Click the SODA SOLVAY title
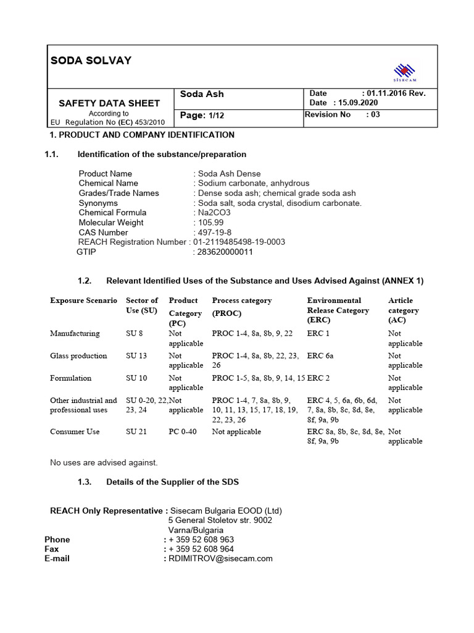[x=91, y=60]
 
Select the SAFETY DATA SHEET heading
[x=109, y=103]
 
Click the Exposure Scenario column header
[x=83, y=300]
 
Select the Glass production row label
[x=78, y=356]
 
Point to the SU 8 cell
[x=135, y=334]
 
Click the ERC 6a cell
[x=320, y=356]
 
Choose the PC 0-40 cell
[x=183, y=432]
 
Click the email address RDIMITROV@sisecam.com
[x=220, y=559]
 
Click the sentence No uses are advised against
[x=104, y=462]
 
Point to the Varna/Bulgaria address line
[x=196, y=530]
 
